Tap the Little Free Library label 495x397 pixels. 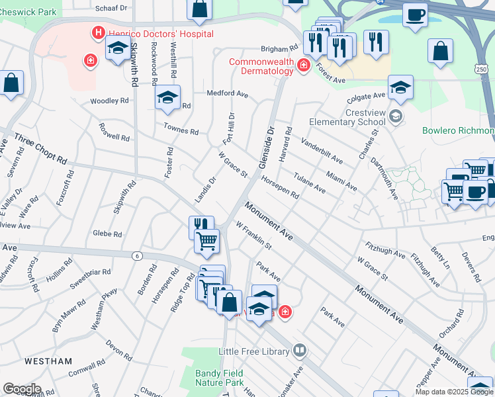tap(255, 351)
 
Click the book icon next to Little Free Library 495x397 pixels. tap(300, 350)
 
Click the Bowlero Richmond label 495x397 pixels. tap(458, 130)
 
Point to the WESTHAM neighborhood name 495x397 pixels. tap(48, 361)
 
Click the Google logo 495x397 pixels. tap(22, 388)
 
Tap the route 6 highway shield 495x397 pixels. tap(137, 256)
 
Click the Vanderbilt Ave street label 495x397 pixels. tap(322, 151)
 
